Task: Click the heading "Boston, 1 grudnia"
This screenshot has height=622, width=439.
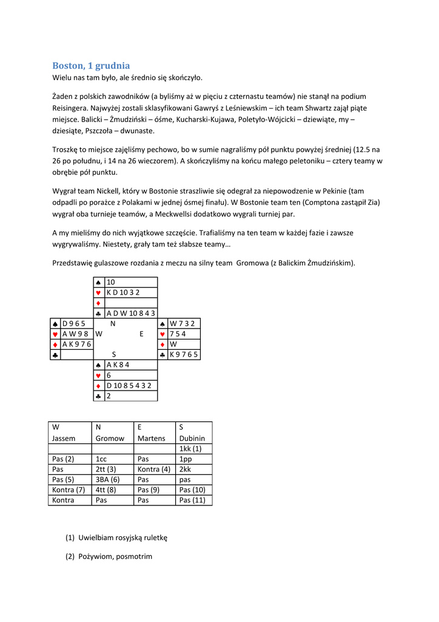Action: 91,66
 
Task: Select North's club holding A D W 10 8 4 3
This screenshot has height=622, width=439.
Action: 130,313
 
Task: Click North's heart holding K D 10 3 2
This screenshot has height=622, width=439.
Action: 123,293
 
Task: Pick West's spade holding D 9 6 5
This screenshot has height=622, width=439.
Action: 73,324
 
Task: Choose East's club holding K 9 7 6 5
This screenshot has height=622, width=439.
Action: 184,355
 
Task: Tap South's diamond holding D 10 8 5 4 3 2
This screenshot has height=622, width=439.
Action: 129,386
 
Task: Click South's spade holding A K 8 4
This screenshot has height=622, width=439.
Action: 118,365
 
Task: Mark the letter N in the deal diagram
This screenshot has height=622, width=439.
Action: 113,324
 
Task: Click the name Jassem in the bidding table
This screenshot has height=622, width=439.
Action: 64,438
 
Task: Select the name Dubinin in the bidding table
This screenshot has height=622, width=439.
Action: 192,438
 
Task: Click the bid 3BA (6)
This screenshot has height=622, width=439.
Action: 107,479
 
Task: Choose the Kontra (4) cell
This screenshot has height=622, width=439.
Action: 154,469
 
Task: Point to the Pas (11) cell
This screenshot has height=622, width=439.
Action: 192,501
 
